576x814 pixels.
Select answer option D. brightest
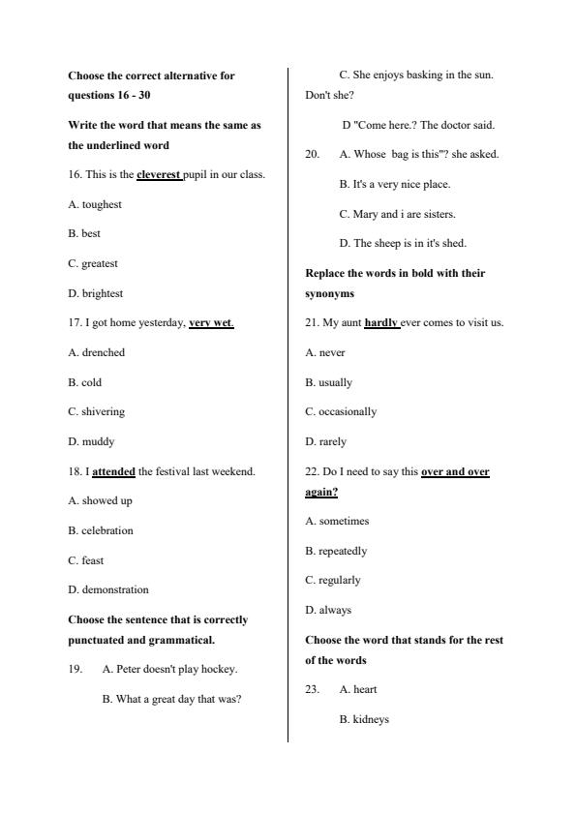tap(96, 293)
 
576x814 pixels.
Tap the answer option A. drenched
tap(97, 352)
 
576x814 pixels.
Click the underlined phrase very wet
tap(211, 323)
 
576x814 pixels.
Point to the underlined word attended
tap(113, 471)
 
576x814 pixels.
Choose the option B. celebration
tap(101, 530)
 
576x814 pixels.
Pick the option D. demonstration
tap(108, 589)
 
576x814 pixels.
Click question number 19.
tap(76, 669)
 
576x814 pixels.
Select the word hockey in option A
tap(221, 669)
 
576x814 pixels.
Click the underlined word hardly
tap(381, 323)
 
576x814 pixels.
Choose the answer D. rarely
tap(325, 441)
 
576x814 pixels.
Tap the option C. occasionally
tap(341, 411)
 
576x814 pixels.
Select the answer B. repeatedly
tap(336, 551)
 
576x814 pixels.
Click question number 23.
tap(313, 689)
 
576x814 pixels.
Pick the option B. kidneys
tap(364, 719)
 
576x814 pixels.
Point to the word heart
tap(365, 689)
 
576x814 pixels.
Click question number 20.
tap(313, 154)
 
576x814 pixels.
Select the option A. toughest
tap(95, 204)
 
